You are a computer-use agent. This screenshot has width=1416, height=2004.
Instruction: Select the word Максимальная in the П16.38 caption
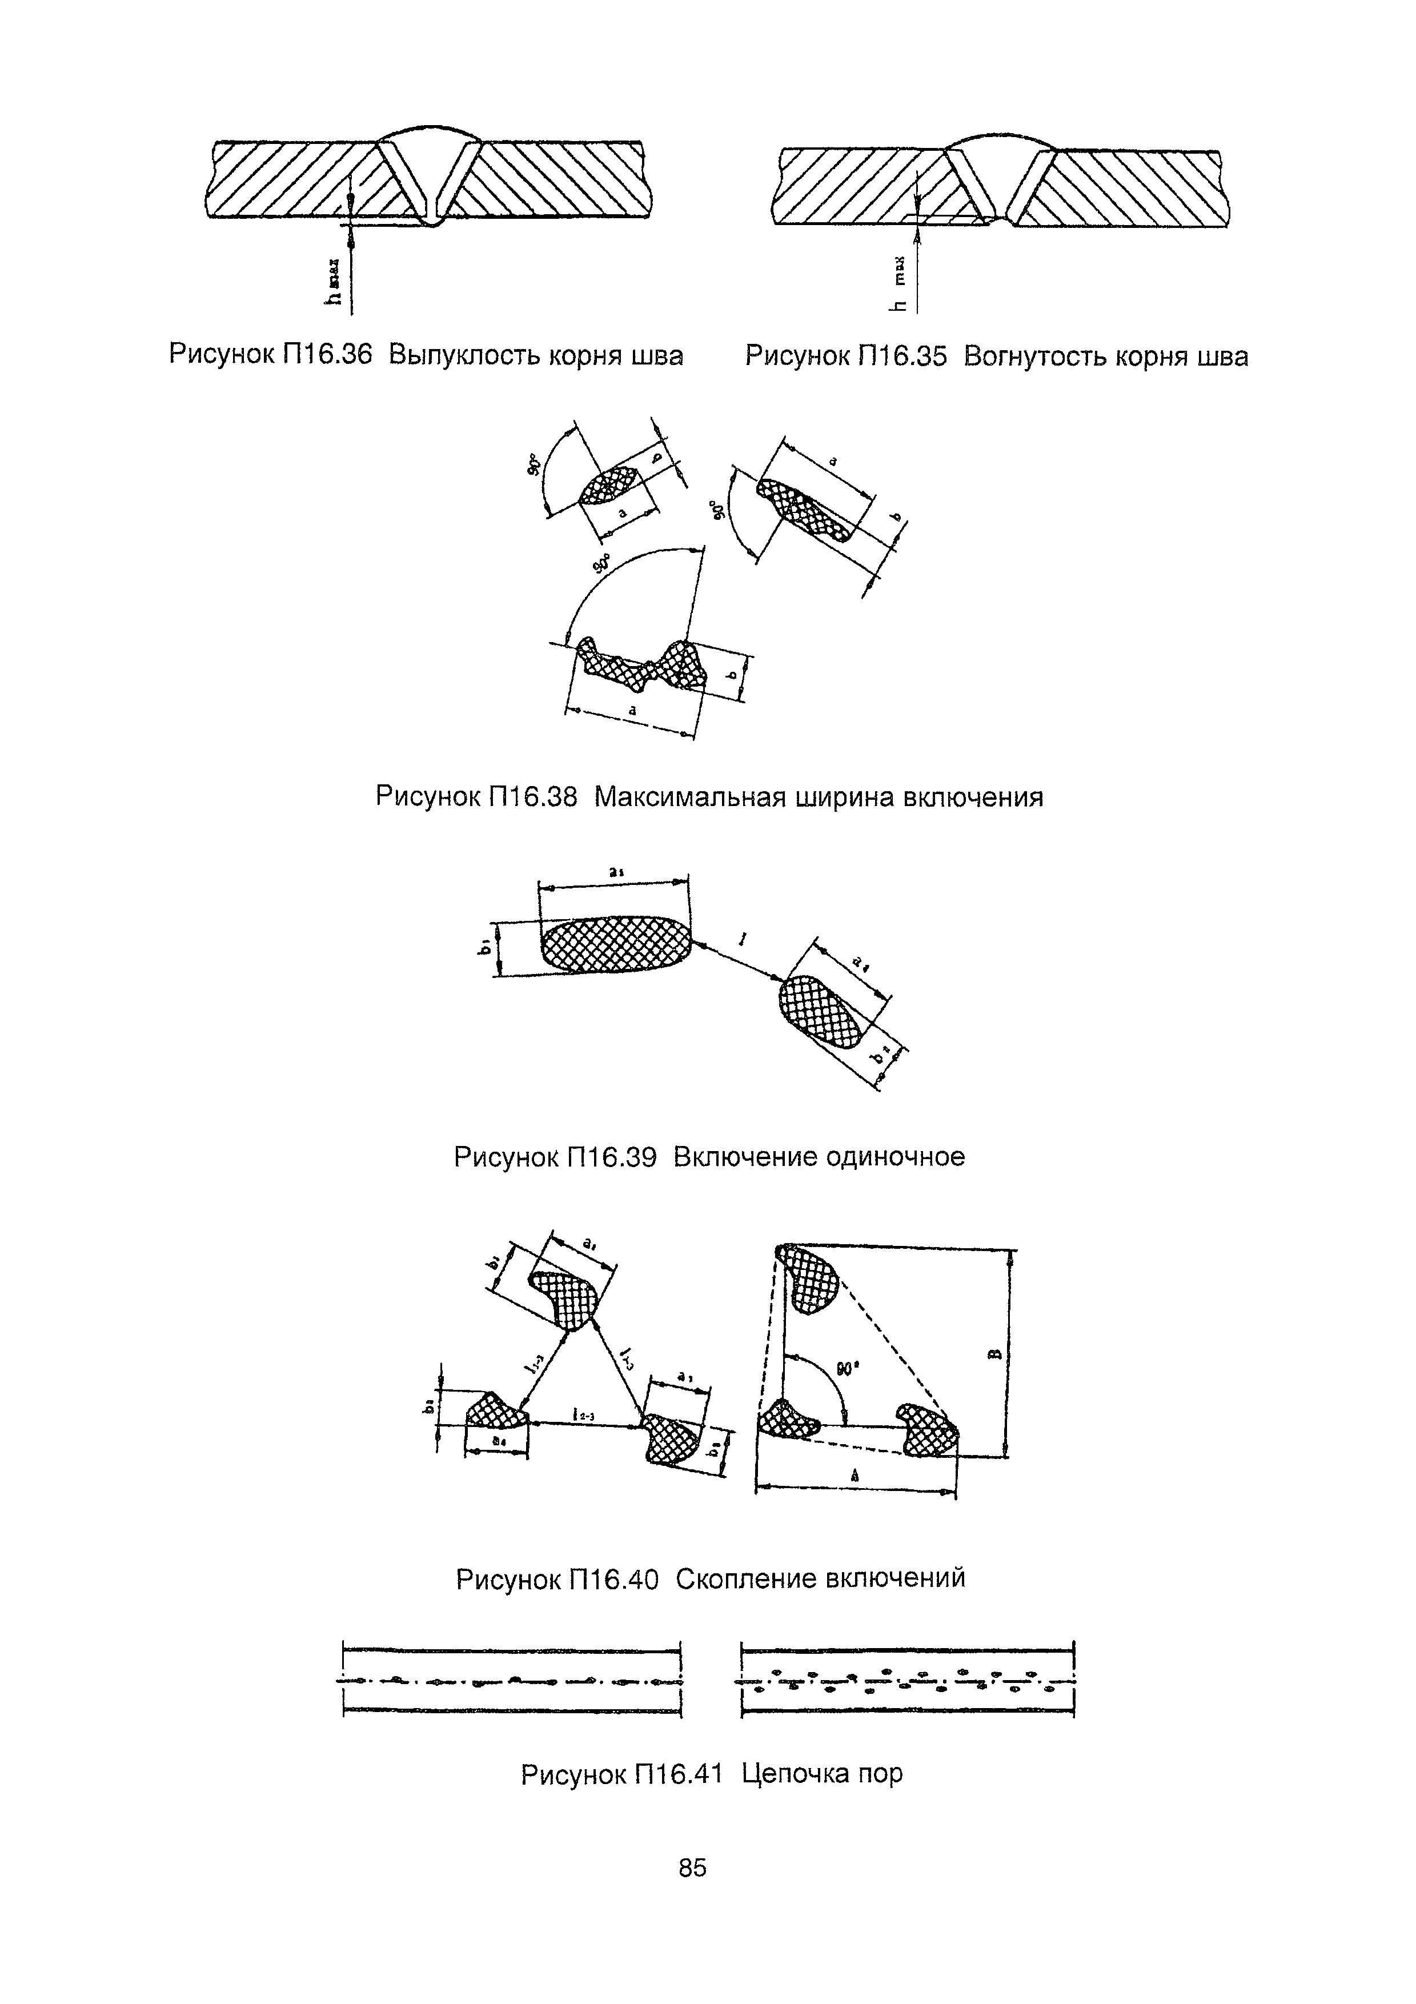pos(689,797)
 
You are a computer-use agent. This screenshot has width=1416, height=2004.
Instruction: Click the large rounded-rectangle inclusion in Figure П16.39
pos(615,944)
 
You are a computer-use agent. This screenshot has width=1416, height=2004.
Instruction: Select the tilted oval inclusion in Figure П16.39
pos(820,1011)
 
